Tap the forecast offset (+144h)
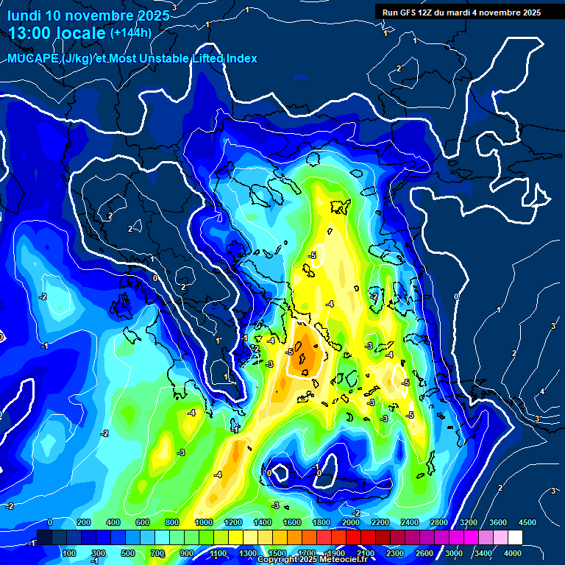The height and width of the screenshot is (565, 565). tap(130, 32)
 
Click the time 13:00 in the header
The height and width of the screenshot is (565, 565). tap(30, 33)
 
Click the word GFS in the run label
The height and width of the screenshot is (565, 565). tap(409, 13)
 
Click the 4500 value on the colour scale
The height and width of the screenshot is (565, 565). tap(527, 522)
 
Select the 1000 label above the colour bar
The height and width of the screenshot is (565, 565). tap(204, 522)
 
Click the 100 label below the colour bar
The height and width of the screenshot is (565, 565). tap(71, 553)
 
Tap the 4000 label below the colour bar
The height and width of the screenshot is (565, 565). tap(513, 553)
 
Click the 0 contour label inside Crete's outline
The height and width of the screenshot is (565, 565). tap(319, 473)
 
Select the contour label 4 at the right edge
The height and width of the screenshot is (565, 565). tap(542, 391)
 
